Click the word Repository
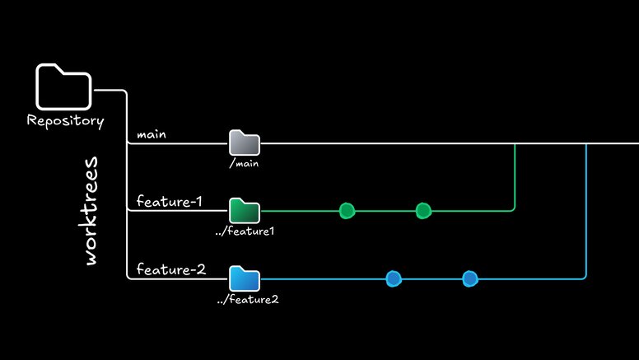(x=65, y=121)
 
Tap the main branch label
(x=151, y=133)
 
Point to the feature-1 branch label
(x=169, y=201)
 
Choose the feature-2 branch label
(x=170, y=269)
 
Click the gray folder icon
(x=244, y=143)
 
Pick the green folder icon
(x=244, y=211)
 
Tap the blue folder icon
(x=244, y=278)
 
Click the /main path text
(x=245, y=164)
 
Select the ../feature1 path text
(x=244, y=231)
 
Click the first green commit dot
(x=347, y=211)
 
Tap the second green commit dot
(x=423, y=211)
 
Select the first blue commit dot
(x=394, y=278)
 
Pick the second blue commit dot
(x=469, y=278)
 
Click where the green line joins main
(x=515, y=143)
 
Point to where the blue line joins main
(x=585, y=143)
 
